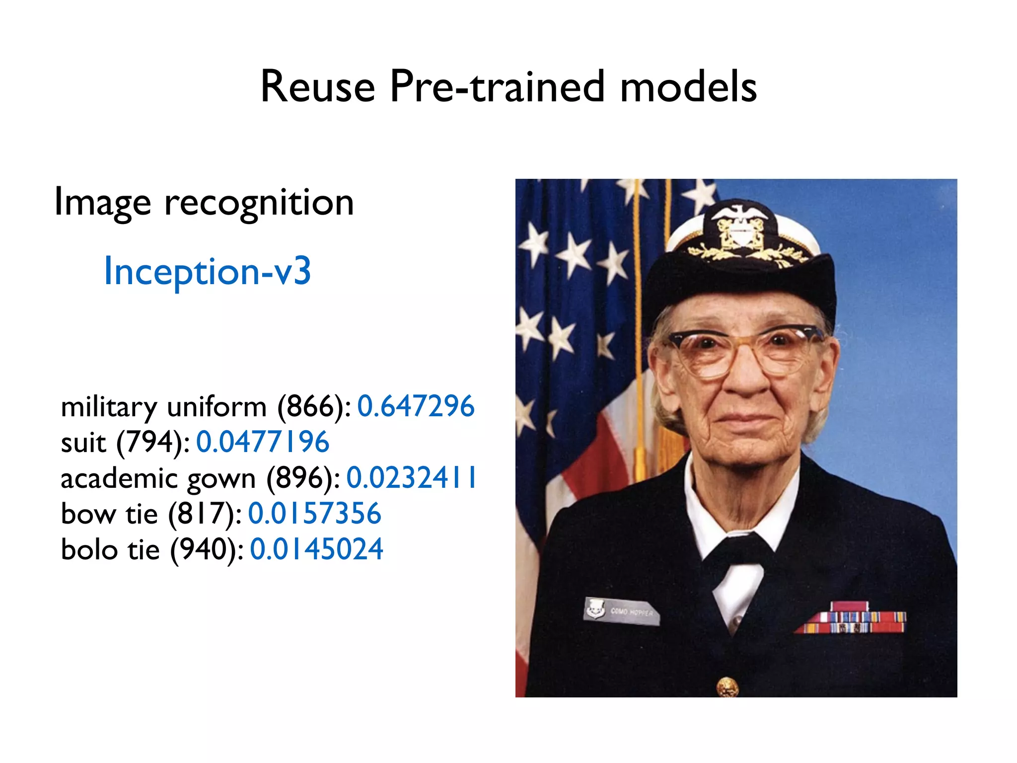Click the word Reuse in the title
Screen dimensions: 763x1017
tap(318, 87)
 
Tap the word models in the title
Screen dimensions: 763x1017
tap(688, 87)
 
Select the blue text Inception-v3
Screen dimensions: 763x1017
tap(207, 271)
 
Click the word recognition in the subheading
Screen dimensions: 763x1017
tap(259, 203)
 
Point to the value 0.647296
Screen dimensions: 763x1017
tap(416, 406)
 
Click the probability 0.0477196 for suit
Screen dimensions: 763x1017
tap(263, 442)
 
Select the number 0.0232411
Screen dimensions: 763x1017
tap(411, 478)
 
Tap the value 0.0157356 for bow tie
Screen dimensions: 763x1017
tap(314, 514)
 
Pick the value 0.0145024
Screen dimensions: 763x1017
tap(316, 549)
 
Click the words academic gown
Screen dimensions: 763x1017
tap(158, 479)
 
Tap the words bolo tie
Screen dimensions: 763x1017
tap(110, 549)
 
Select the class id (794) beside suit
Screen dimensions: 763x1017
tap(152, 442)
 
